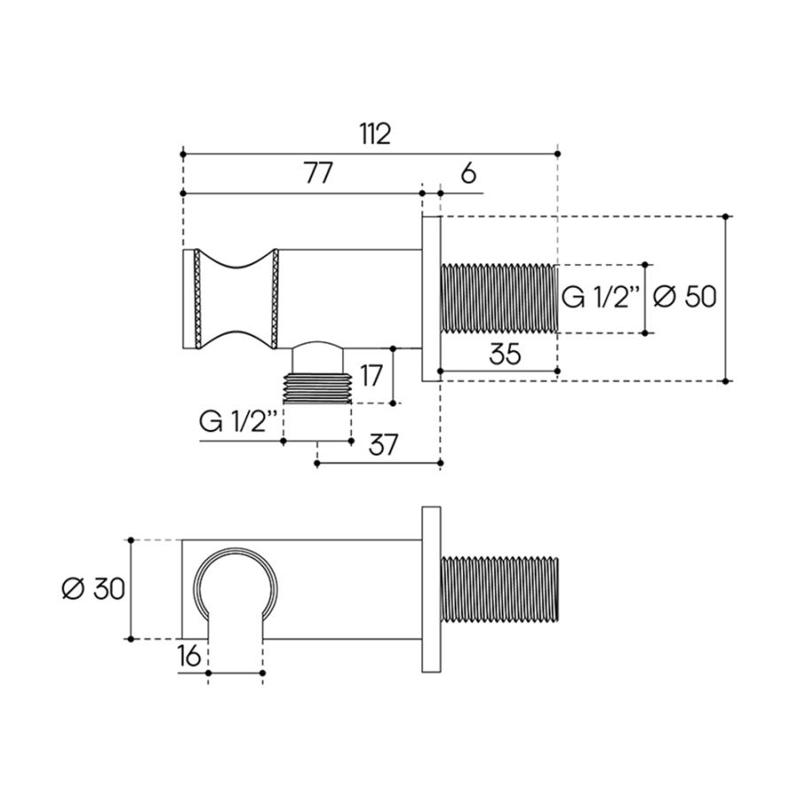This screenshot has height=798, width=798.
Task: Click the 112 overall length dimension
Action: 375,134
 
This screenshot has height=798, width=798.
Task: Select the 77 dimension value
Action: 318,173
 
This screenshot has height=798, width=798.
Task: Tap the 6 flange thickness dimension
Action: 468,174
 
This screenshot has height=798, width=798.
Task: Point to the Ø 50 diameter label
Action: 685,297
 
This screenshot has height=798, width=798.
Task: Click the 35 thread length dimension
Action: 505,354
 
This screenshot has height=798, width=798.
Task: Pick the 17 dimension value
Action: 371,376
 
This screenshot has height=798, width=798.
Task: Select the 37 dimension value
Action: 383,445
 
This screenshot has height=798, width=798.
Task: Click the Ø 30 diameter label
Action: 93,590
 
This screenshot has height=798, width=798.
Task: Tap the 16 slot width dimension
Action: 190,656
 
